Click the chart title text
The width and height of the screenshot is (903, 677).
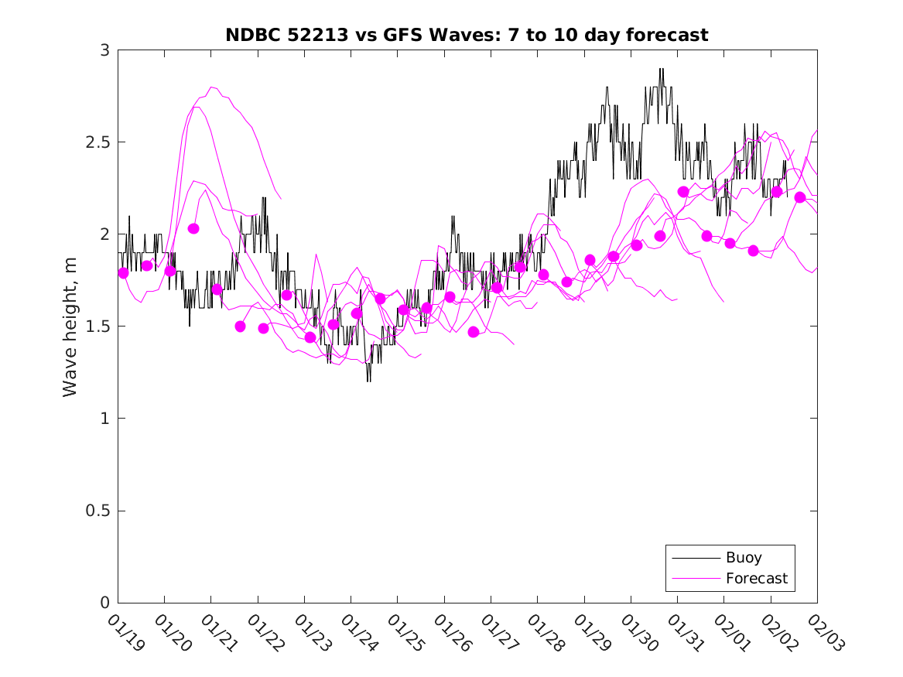[x=467, y=35]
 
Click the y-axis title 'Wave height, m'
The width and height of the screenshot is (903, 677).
[x=70, y=327]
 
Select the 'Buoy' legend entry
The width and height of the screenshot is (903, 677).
[x=743, y=558]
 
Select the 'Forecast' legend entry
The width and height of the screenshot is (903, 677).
[x=756, y=578]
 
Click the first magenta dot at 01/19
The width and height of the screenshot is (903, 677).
[x=123, y=272]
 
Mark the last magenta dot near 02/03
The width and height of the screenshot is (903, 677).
[x=800, y=197]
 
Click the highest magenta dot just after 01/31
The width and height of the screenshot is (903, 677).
[x=683, y=192]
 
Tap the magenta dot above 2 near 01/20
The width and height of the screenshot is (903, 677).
[x=193, y=228]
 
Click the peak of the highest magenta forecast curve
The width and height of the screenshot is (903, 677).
[x=213, y=87]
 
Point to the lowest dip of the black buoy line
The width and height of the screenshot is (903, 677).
[x=368, y=381]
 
